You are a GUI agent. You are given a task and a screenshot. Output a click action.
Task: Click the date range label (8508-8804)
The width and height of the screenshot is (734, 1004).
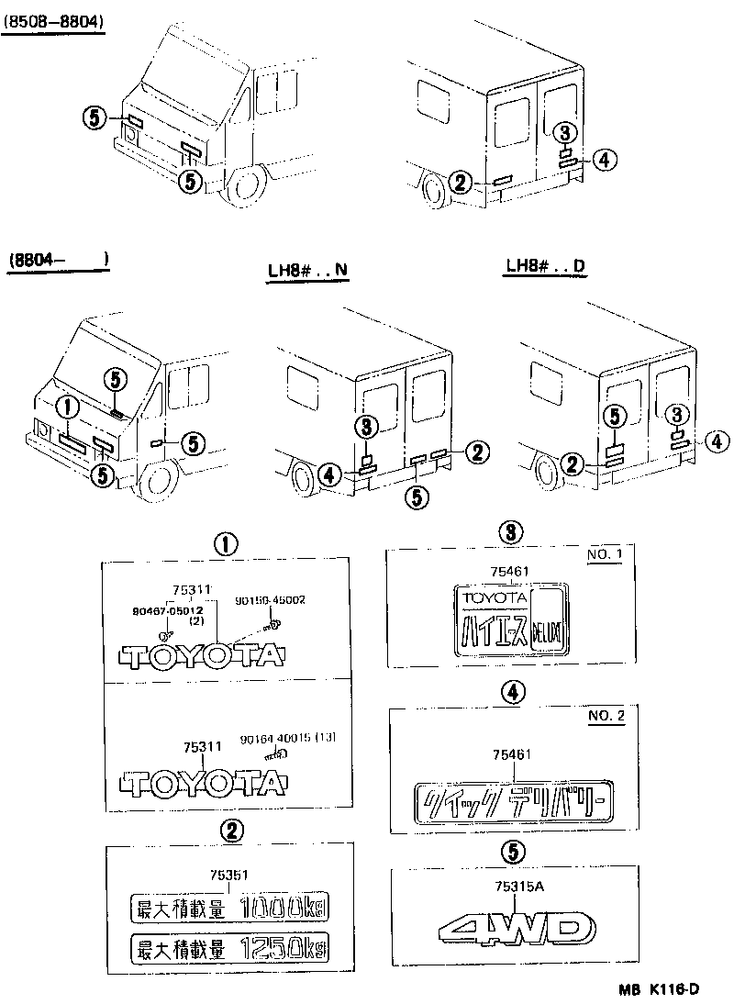pyautogui.click(x=52, y=19)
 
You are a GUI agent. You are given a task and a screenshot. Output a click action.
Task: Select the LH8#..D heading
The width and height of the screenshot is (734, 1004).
pyautogui.click(x=546, y=267)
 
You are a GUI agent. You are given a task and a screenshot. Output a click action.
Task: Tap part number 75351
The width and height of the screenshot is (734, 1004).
pyautogui.click(x=228, y=876)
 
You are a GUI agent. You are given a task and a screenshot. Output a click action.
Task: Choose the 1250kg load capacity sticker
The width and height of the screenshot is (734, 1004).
pyautogui.click(x=228, y=947)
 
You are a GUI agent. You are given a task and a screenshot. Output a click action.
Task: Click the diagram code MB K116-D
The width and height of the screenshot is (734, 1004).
pyautogui.click(x=658, y=988)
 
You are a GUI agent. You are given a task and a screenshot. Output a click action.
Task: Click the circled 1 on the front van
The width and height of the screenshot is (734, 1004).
pyautogui.click(x=65, y=405)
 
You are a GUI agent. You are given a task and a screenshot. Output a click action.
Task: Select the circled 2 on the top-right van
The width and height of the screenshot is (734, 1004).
pyautogui.click(x=462, y=183)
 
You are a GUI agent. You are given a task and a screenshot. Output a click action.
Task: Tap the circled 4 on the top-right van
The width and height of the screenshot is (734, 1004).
pyautogui.click(x=601, y=160)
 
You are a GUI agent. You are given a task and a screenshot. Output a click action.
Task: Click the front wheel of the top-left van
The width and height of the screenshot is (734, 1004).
pyautogui.click(x=244, y=183)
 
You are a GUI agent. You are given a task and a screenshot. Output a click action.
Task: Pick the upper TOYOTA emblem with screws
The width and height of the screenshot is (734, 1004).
pyautogui.click(x=203, y=657)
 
